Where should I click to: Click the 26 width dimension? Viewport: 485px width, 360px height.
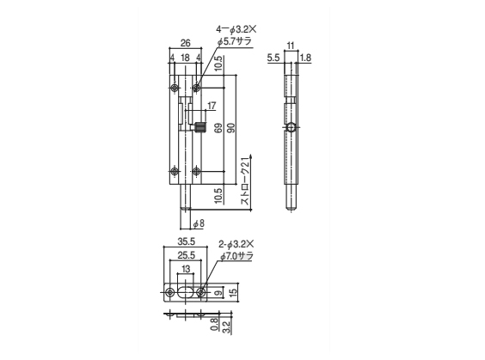coord(185,43)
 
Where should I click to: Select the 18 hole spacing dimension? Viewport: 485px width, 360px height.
coord(185,58)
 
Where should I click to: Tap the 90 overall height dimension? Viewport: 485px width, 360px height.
coord(231,128)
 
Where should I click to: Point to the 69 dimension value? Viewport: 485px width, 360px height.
coord(218,128)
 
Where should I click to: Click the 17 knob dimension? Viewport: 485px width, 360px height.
coord(212,106)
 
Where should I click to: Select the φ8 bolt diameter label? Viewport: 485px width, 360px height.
coord(199,223)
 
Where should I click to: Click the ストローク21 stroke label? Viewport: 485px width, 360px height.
coord(245,180)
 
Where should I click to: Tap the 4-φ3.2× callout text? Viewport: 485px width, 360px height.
coord(236,29)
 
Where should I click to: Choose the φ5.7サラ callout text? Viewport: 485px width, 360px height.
coord(235,41)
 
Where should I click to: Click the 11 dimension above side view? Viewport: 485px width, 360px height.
coord(291,46)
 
